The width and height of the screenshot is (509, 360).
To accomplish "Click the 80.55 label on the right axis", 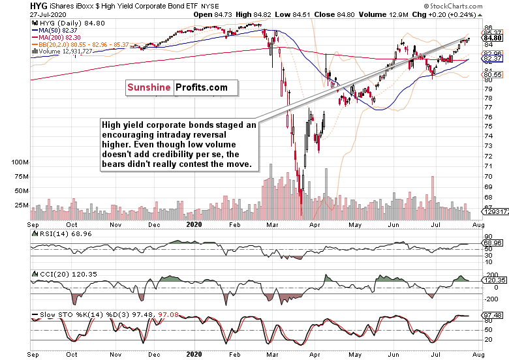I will coord(493,75).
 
